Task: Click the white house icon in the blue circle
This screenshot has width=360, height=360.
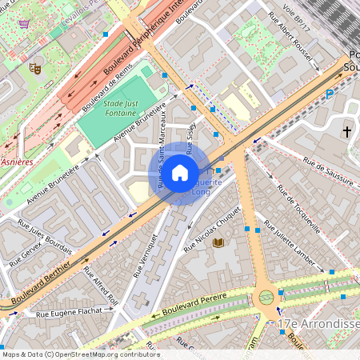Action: (180, 172)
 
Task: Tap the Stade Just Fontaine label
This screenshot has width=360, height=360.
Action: (120, 107)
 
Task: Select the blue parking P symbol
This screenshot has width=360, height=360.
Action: (330, 94)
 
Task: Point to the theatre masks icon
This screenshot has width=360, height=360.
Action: (35, 69)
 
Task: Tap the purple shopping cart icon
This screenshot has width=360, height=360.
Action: (24, 23)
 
